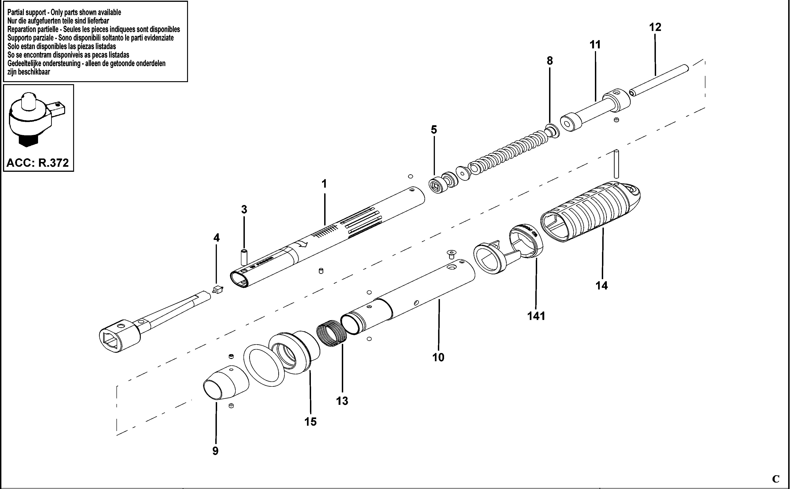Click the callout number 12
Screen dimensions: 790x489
[655, 27]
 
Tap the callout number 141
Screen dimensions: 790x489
[536, 316]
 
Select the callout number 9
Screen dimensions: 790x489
[215, 451]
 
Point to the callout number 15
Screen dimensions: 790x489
[310, 422]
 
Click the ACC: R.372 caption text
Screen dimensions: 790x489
[38, 163]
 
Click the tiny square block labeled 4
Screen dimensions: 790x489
[218, 289]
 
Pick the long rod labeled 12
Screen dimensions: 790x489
[658, 81]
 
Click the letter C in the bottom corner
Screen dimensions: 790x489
[776, 479]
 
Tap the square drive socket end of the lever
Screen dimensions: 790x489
[120, 336]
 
